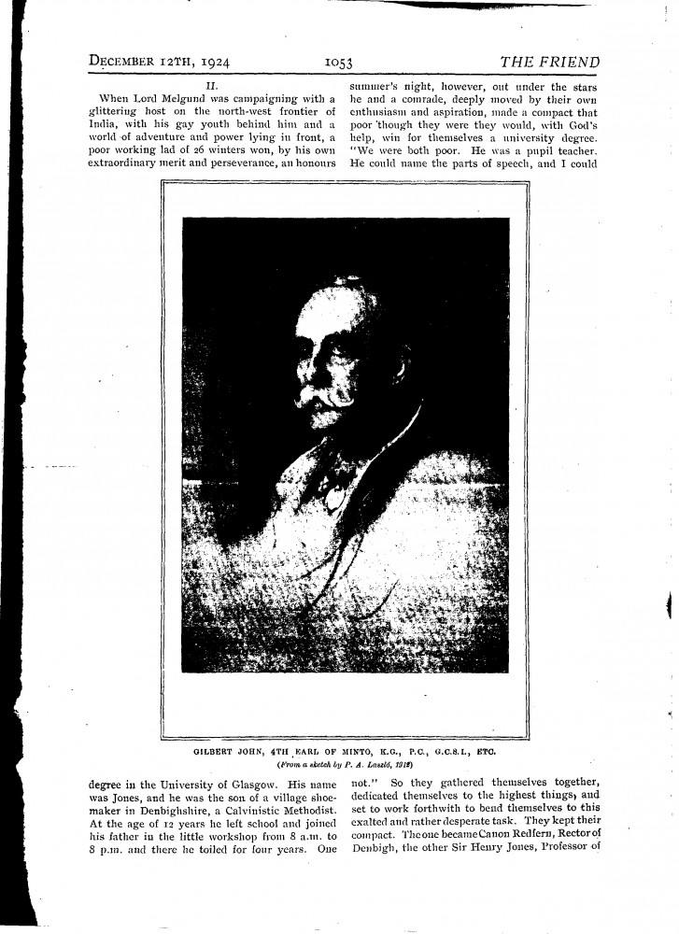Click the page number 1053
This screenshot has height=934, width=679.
pyautogui.click(x=337, y=64)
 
